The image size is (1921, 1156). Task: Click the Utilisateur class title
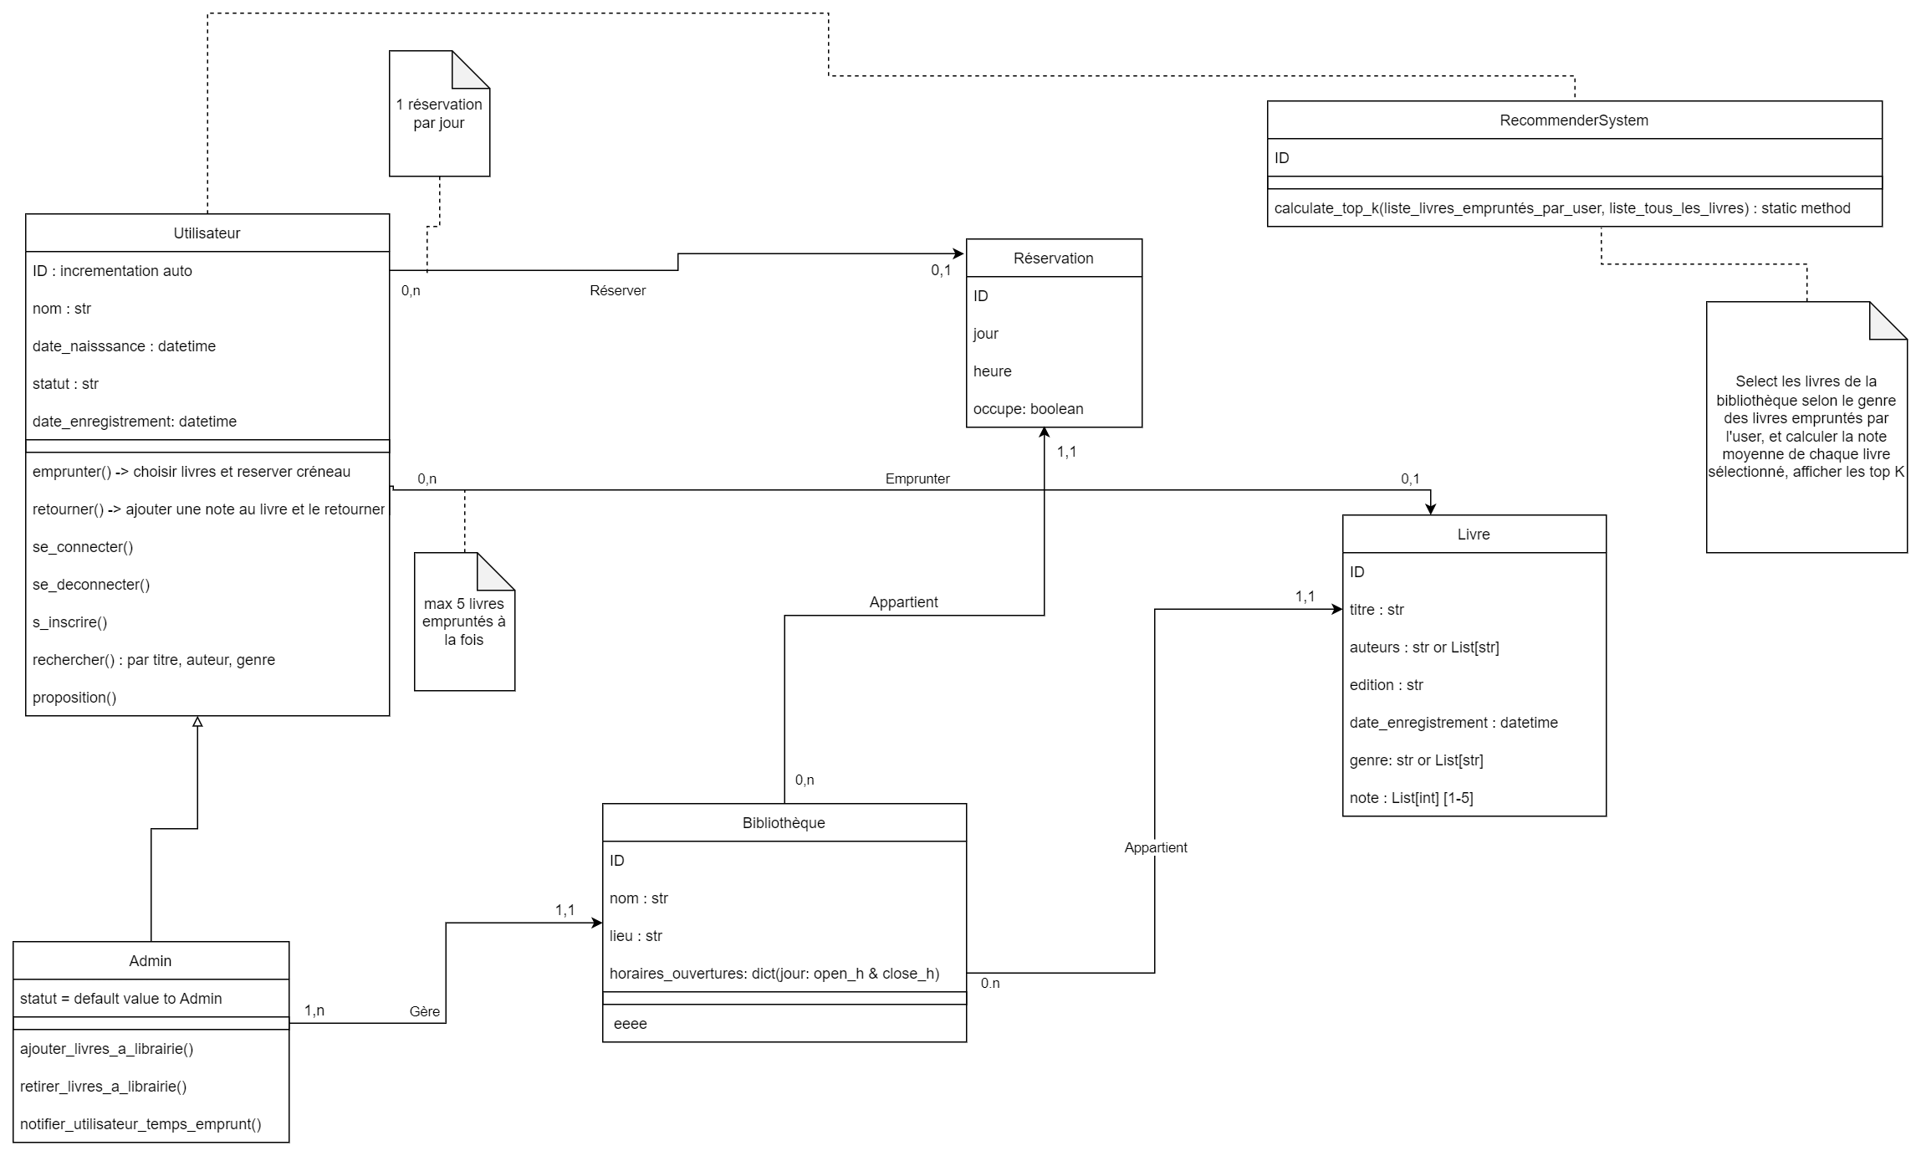pyautogui.click(x=207, y=233)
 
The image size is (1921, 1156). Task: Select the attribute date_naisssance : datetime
pyautogui.click(x=124, y=346)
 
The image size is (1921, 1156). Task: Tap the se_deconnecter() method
pyautogui.click(x=91, y=585)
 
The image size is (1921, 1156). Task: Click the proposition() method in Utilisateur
pyautogui.click(x=74, y=698)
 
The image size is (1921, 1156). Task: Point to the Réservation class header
pyautogui.click(x=1053, y=258)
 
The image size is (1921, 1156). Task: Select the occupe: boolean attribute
pyautogui.click(x=1028, y=409)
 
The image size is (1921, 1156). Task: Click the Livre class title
pyautogui.click(x=1473, y=535)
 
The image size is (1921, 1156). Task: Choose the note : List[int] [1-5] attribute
pyautogui.click(x=1411, y=798)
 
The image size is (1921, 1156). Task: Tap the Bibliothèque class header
pyautogui.click(x=784, y=823)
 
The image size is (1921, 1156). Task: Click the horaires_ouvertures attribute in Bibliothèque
pyautogui.click(x=774, y=974)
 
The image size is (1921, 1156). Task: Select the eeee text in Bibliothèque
pyautogui.click(x=630, y=1024)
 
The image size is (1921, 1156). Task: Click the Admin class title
pyautogui.click(x=151, y=961)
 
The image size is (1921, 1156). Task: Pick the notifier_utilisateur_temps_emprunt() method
pyautogui.click(x=140, y=1124)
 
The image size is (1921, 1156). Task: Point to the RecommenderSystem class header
pyautogui.click(x=1574, y=120)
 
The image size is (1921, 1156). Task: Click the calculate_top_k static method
pyautogui.click(x=1561, y=208)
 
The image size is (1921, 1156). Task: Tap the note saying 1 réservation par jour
pyautogui.click(x=439, y=114)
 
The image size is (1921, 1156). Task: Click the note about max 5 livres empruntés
pyautogui.click(x=464, y=621)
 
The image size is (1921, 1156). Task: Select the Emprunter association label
pyautogui.click(x=917, y=478)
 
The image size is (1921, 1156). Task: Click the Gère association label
pyautogui.click(x=424, y=1011)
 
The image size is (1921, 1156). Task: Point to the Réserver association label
pyautogui.click(x=617, y=290)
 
